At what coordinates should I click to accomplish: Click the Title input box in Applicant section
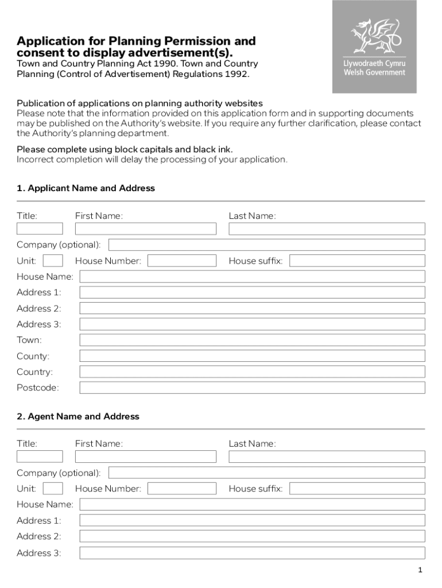[40, 229]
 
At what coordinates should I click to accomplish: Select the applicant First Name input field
[146, 229]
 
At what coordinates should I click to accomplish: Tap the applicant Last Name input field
[327, 229]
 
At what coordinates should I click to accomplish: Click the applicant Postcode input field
[252, 388]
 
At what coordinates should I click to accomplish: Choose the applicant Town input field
[252, 340]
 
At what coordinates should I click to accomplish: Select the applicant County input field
[252, 356]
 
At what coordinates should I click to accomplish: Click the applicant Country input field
[252, 372]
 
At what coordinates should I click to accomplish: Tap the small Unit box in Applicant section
[53, 261]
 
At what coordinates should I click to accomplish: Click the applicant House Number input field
[182, 261]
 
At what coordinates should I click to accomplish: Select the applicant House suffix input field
[357, 261]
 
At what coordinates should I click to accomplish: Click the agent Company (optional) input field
[266, 473]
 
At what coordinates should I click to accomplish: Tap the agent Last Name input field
[327, 457]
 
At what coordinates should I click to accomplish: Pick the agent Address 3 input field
[252, 553]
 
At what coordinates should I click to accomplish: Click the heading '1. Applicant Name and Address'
[86, 188]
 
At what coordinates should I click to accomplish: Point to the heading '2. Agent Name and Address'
[78, 416]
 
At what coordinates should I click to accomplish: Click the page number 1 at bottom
[420, 570]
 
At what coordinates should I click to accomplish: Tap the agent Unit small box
[53, 489]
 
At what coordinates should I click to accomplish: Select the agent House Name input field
[252, 504]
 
